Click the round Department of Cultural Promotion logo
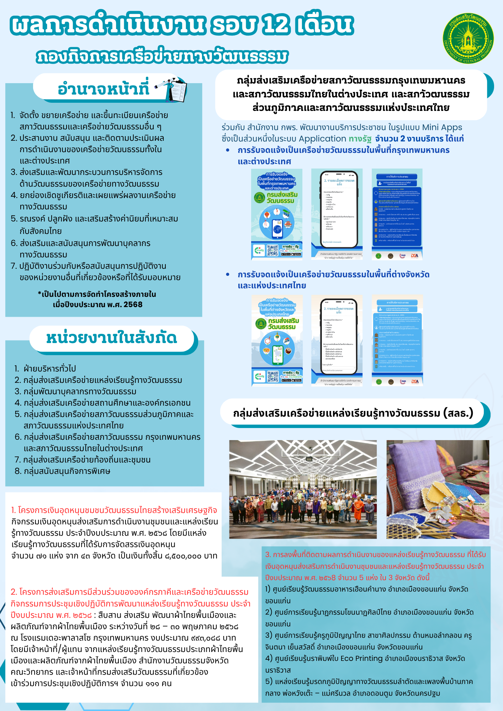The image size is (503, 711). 468,38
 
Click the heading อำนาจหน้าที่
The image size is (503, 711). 103,88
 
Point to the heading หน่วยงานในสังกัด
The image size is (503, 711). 111,338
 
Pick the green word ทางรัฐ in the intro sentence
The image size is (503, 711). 360,139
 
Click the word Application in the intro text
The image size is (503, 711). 322,139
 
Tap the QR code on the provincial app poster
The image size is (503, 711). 273,377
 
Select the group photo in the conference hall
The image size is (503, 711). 303,489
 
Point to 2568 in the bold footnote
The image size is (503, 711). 133,305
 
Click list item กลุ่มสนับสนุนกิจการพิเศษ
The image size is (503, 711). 67,471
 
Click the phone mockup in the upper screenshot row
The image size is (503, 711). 339,209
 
